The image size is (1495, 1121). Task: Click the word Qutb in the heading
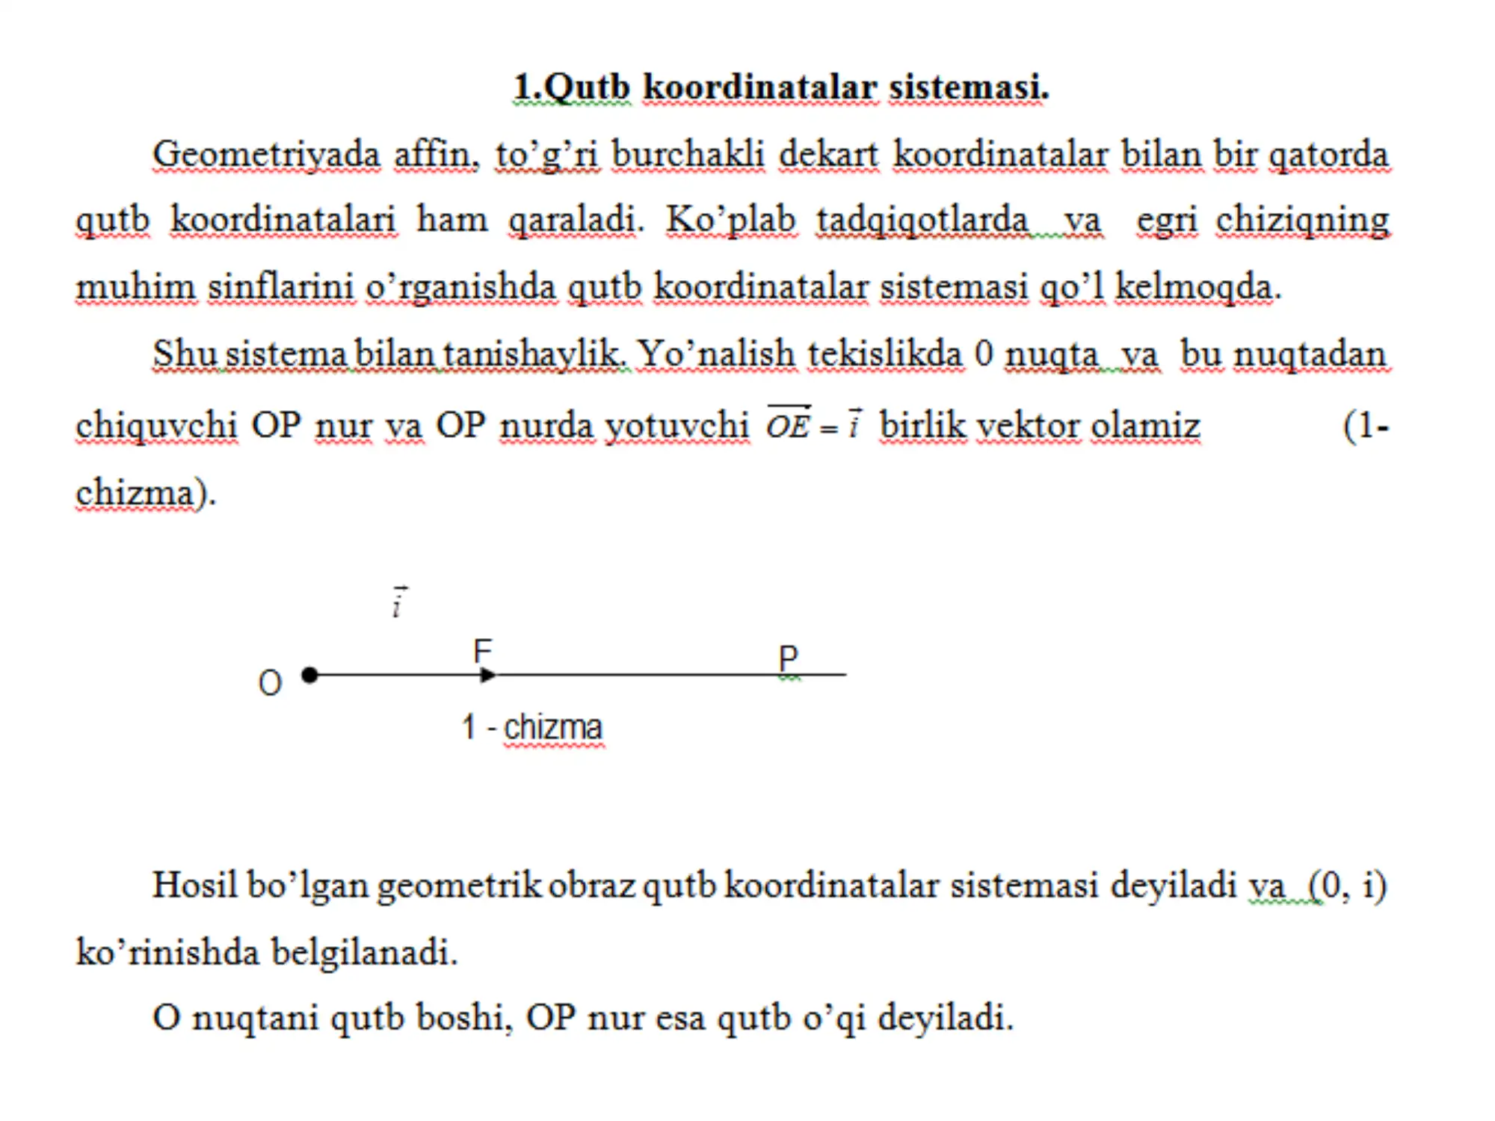coord(587,87)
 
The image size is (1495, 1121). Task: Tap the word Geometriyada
coord(266,155)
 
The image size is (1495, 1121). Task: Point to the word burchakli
coord(688,155)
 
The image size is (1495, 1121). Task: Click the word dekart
coord(828,155)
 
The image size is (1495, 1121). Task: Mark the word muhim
coord(135,287)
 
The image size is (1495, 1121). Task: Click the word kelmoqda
coord(1194,287)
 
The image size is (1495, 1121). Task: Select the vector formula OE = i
coord(814,424)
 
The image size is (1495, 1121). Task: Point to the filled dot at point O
coord(309,676)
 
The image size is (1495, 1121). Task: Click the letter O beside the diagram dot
coord(270,683)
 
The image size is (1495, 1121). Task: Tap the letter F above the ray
coord(483,651)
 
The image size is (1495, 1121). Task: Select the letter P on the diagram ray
coord(788,659)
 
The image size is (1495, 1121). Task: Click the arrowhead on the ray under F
coord(487,676)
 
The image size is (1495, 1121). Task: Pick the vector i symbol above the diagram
coord(399,602)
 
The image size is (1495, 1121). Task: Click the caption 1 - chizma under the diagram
coord(531,727)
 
